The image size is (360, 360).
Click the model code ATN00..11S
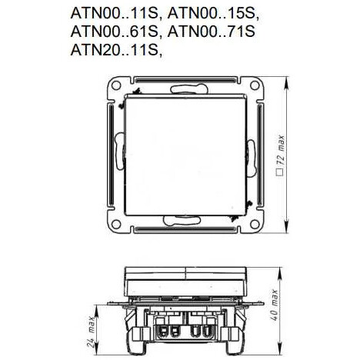113,15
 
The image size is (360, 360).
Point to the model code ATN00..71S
217,32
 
